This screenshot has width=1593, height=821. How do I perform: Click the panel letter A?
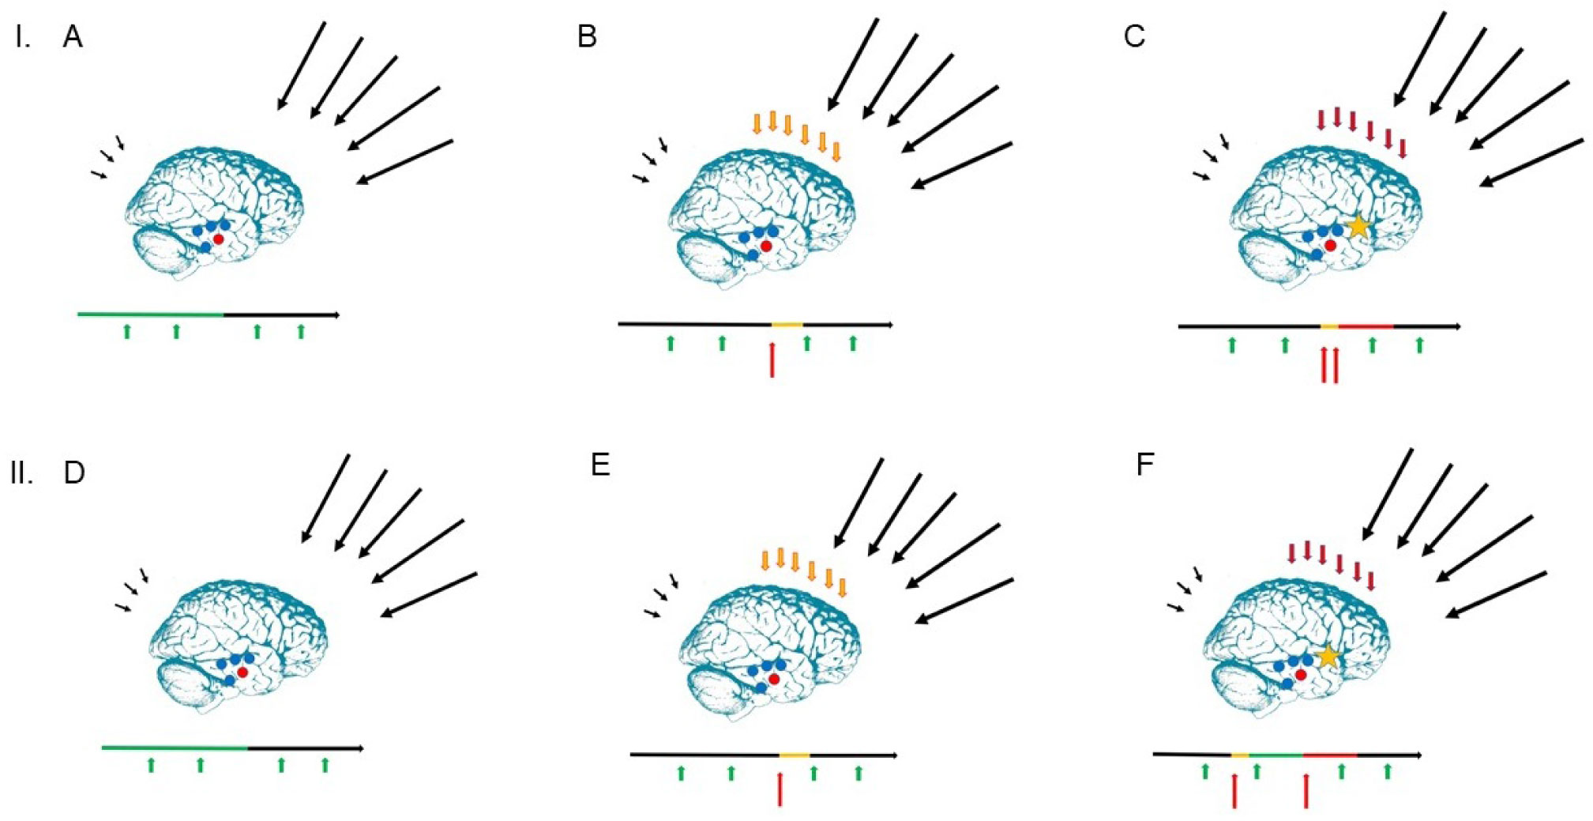[73, 36]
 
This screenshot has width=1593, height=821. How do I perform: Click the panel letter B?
[587, 36]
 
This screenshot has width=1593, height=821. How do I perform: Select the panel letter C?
[1134, 36]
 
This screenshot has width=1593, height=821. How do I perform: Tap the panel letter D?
[74, 473]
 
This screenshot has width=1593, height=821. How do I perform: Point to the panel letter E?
[600, 465]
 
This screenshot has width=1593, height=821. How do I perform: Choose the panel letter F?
[1145, 465]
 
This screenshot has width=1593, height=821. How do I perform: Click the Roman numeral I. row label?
[22, 36]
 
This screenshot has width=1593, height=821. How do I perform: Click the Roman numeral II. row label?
[22, 473]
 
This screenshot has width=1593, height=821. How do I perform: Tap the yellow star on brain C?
[1358, 227]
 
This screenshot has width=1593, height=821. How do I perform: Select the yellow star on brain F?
[1328, 656]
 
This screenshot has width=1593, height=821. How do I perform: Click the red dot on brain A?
[218, 238]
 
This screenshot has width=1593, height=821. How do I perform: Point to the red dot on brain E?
[774, 679]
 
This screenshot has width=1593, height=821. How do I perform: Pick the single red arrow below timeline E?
[780, 789]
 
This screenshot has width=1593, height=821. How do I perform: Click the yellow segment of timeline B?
[787, 324]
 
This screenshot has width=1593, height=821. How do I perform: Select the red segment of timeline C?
[1366, 326]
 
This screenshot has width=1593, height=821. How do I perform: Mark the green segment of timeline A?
[150, 314]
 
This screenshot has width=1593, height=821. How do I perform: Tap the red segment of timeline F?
[1330, 755]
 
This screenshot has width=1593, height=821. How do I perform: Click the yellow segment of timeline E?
[795, 755]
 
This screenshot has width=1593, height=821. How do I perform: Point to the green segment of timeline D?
[175, 747]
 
